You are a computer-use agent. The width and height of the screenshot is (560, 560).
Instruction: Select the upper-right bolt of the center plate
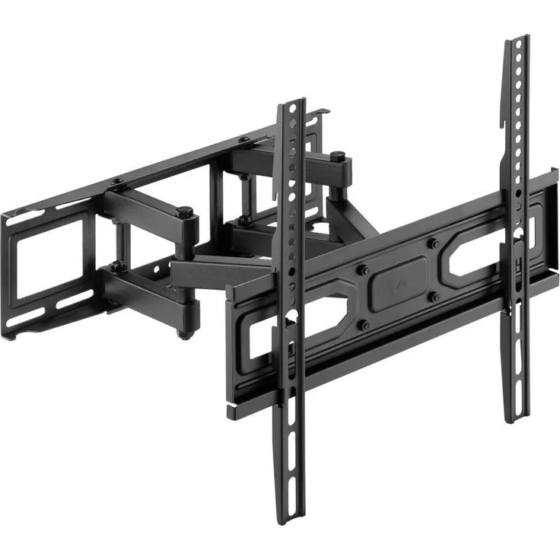click(434, 244)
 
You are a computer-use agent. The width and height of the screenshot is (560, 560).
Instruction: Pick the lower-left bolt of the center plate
click(366, 325)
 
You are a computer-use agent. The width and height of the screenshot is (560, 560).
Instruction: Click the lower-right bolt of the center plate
click(434, 297)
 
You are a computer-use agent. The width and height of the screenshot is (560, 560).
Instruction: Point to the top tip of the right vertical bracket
click(518, 38)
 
